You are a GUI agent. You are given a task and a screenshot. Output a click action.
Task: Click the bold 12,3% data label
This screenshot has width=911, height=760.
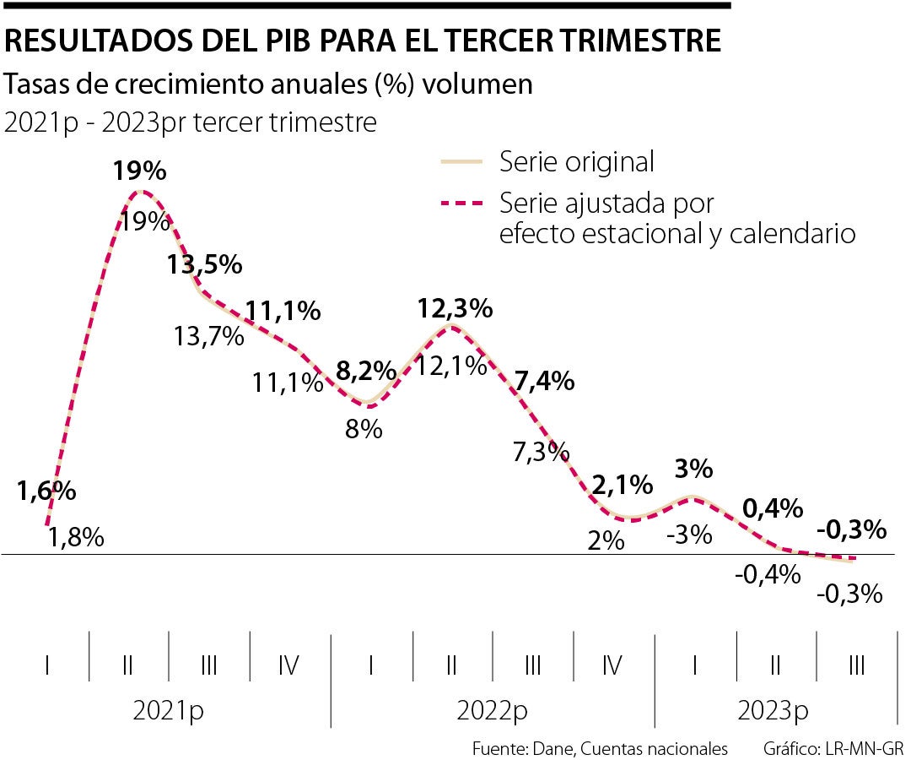point(455,308)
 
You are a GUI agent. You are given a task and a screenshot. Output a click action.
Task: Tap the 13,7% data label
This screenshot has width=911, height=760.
point(209,337)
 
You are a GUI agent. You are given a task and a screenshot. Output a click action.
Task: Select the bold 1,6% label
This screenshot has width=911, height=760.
point(46,491)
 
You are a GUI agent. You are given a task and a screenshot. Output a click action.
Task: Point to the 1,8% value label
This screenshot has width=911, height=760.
point(75,537)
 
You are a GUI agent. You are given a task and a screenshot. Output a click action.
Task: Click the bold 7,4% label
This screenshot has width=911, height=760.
point(544,381)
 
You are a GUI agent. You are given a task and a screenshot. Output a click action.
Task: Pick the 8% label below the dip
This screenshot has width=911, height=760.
point(364,429)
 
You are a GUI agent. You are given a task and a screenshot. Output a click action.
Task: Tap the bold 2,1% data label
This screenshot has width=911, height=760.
point(623,485)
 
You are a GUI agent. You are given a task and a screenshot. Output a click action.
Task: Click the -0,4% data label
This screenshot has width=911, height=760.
point(767,575)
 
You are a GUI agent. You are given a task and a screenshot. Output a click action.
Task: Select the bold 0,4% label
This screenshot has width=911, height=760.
point(772,508)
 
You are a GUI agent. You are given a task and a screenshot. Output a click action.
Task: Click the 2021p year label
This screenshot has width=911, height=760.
point(168,711)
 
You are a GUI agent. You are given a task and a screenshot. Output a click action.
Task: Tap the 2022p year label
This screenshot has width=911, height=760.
point(493,711)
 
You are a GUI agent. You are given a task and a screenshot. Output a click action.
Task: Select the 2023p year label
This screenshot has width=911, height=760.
point(772,711)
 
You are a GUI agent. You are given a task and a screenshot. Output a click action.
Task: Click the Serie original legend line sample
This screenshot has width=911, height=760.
point(461,160)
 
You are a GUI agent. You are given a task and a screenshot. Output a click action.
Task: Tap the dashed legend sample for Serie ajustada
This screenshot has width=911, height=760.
point(461,204)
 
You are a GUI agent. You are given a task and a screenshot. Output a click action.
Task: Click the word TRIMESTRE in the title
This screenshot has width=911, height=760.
point(639,41)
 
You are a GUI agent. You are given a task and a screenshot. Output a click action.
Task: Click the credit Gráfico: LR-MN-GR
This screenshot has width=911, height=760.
point(833,748)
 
